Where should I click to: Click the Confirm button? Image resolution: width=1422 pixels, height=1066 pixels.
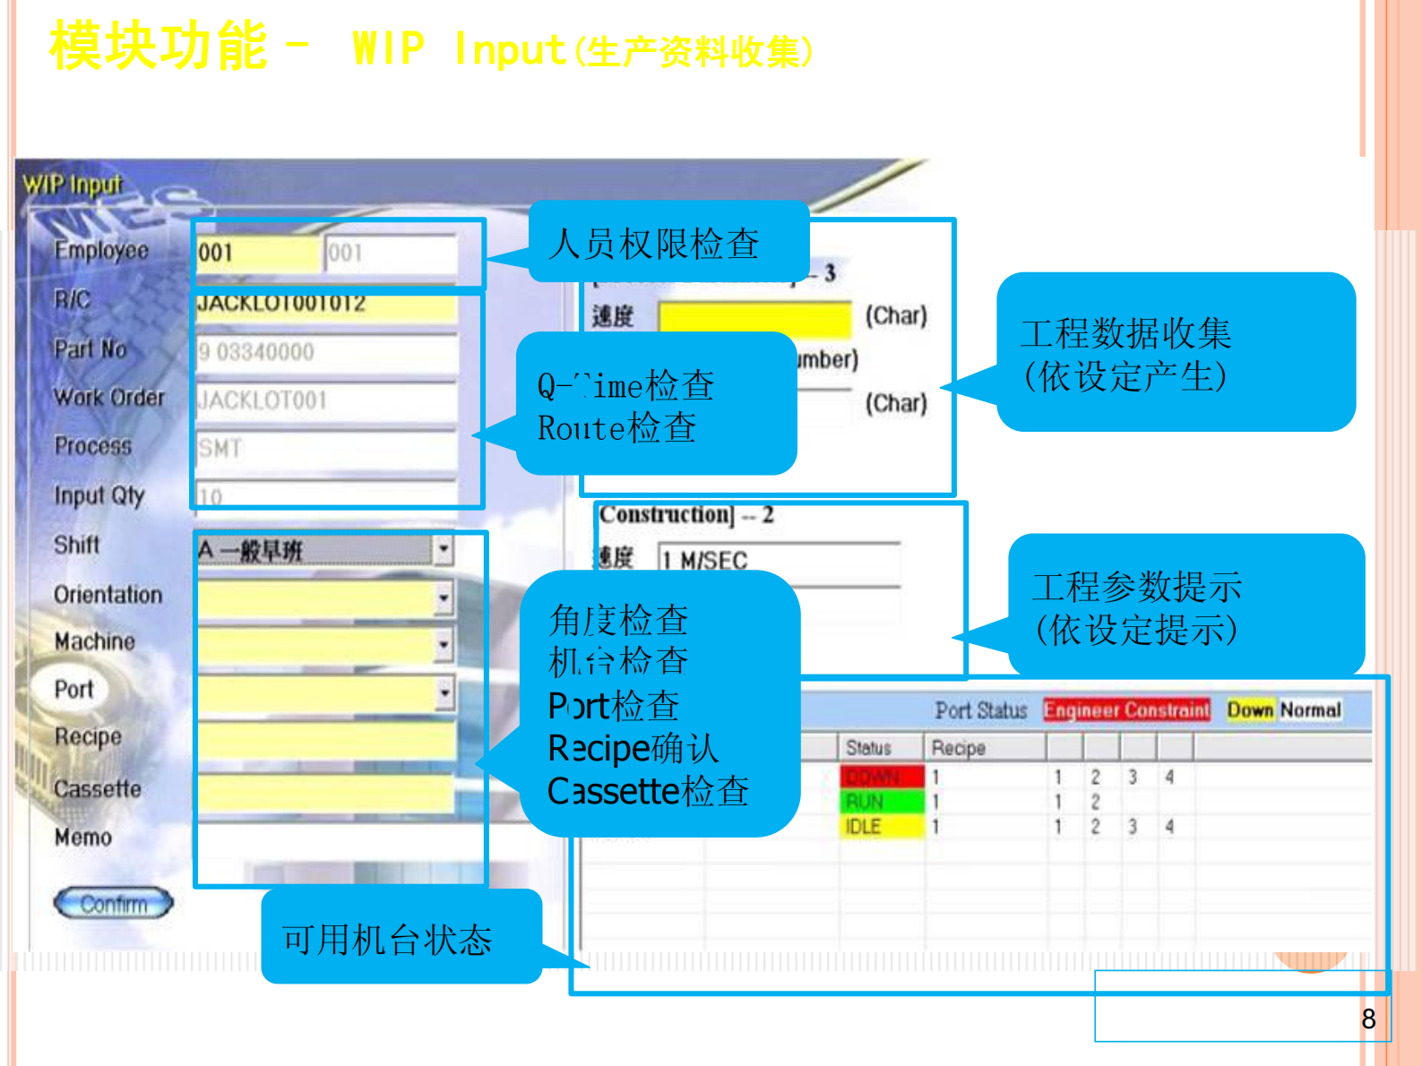coord(113,903)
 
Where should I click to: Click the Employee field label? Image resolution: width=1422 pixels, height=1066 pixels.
coord(101,250)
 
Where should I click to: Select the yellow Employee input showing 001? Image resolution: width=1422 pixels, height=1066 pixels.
coord(258,253)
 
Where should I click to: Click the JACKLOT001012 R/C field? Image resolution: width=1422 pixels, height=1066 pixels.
coord(325,305)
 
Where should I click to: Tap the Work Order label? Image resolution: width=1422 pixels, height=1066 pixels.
coord(108,397)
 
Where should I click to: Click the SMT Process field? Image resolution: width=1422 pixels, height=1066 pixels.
coord(325,448)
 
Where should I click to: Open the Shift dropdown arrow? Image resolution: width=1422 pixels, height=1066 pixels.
coord(444,548)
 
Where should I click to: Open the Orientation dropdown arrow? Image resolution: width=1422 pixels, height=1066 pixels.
coord(444,597)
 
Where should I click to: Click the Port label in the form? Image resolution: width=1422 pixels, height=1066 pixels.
coord(73,689)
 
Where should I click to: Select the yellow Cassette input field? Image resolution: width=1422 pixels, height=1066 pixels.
coord(325,792)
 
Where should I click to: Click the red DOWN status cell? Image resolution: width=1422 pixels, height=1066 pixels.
coord(881,776)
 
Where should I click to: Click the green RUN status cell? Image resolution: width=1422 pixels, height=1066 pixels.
coord(881,801)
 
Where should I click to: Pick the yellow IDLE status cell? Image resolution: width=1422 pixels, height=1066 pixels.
coord(881,826)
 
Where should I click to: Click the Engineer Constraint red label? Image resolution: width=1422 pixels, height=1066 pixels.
coord(1126,709)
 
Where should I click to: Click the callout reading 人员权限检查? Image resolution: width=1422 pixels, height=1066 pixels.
coord(655,243)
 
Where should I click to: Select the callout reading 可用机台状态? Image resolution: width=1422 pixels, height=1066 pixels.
coord(388,939)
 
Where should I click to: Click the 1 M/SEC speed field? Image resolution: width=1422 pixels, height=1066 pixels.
coord(778,561)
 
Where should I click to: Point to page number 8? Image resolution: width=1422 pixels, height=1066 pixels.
coord(1367,1019)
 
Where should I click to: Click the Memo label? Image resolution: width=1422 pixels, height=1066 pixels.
coord(83,838)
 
